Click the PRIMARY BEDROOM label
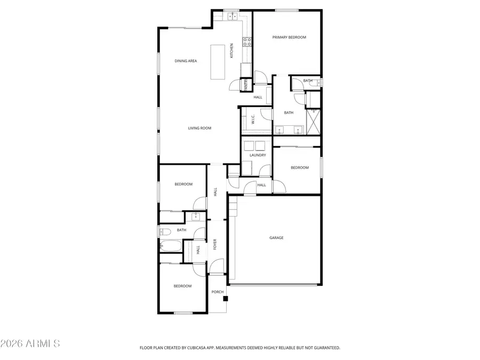tap(289, 37)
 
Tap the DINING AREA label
tap(186, 61)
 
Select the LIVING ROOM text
tap(199, 128)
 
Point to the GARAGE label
tap(276, 238)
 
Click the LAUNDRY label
tap(258, 155)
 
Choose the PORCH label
tap(217, 292)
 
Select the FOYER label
tap(215, 244)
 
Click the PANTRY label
tap(246, 84)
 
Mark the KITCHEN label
tap(231, 51)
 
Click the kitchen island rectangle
tap(217, 62)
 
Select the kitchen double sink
tap(233, 17)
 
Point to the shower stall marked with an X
tap(315, 121)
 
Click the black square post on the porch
tap(226, 299)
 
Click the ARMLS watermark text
tap(30, 343)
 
